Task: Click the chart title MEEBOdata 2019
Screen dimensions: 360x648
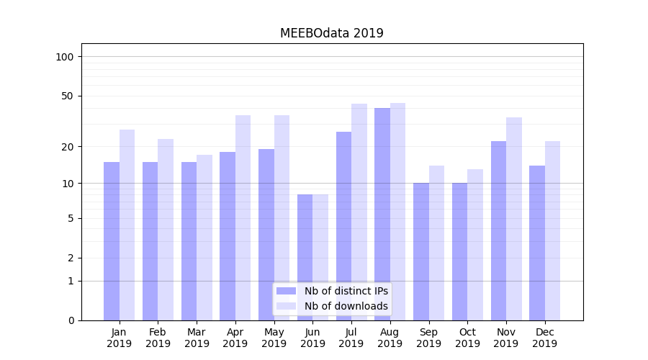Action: click(x=331, y=33)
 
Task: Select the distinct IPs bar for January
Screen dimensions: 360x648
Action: click(x=112, y=241)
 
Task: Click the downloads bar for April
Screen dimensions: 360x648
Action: click(x=243, y=217)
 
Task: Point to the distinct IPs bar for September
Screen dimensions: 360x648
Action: click(x=421, y=251)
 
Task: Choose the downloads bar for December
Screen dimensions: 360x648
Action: click(x=553, y=230)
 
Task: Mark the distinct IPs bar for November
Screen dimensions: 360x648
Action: click(x=498, y=230)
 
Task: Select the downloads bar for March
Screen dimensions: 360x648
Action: click(x=204, y=238)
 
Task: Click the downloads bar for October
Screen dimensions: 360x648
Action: click(x=475, y=245)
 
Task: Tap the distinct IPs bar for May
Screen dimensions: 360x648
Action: click(x=266, y=235)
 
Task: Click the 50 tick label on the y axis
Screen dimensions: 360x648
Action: click(x=68, y=96)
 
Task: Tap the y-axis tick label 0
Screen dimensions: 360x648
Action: click(x=71, y=320)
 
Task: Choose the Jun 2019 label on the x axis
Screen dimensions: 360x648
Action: click(x=312, y=338)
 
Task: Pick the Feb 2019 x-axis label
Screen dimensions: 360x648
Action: click(x=158, y=338)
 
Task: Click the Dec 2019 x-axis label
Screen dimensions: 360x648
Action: click(x=544, y=338)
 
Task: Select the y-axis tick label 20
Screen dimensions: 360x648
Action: click(x=68, y=147)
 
